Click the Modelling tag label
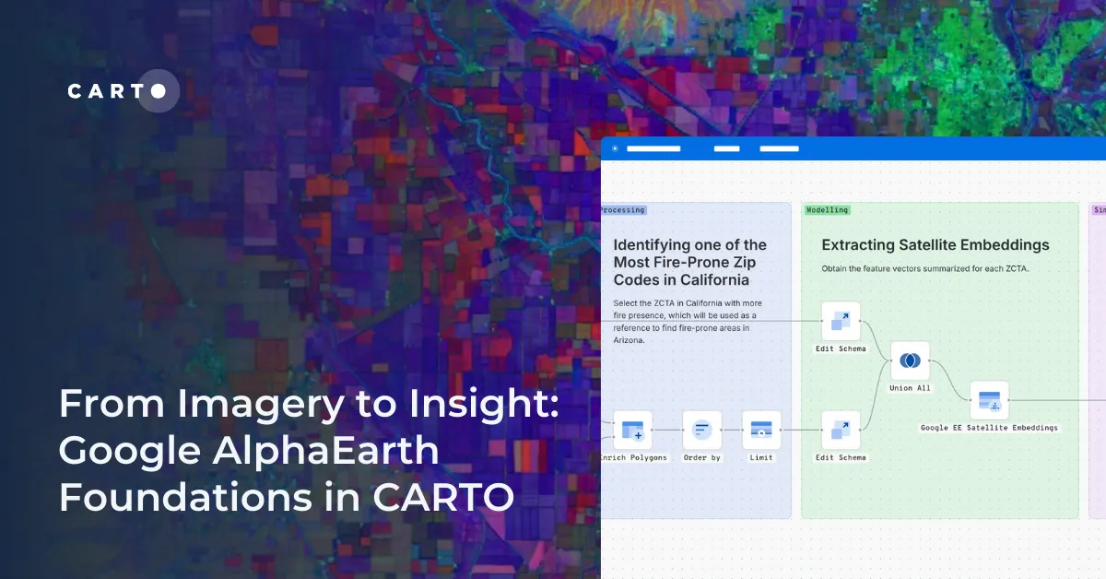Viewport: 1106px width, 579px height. click(x=827, y=210)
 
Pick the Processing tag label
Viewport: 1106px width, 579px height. click(x=622, y=210)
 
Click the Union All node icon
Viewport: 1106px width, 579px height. click(x=910, y=360)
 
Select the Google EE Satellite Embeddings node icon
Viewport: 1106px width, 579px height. click(x=989, y=400)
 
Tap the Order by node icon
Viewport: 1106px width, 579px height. click(x=702, y=430)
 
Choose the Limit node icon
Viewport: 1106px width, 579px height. click(x=761, y=430)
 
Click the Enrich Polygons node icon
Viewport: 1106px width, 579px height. click(x=632, y=430)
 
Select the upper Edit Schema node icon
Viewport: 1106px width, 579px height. click(x=841, y=321)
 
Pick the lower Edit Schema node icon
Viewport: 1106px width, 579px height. click(x=841, y=430)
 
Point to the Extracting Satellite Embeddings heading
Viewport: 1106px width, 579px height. click(x=935, y=245)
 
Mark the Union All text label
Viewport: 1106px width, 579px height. click(x=910, y=388)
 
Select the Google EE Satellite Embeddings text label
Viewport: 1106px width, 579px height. click(x=989, y=428)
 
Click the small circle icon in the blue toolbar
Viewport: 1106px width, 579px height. click(x=616, y=148)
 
